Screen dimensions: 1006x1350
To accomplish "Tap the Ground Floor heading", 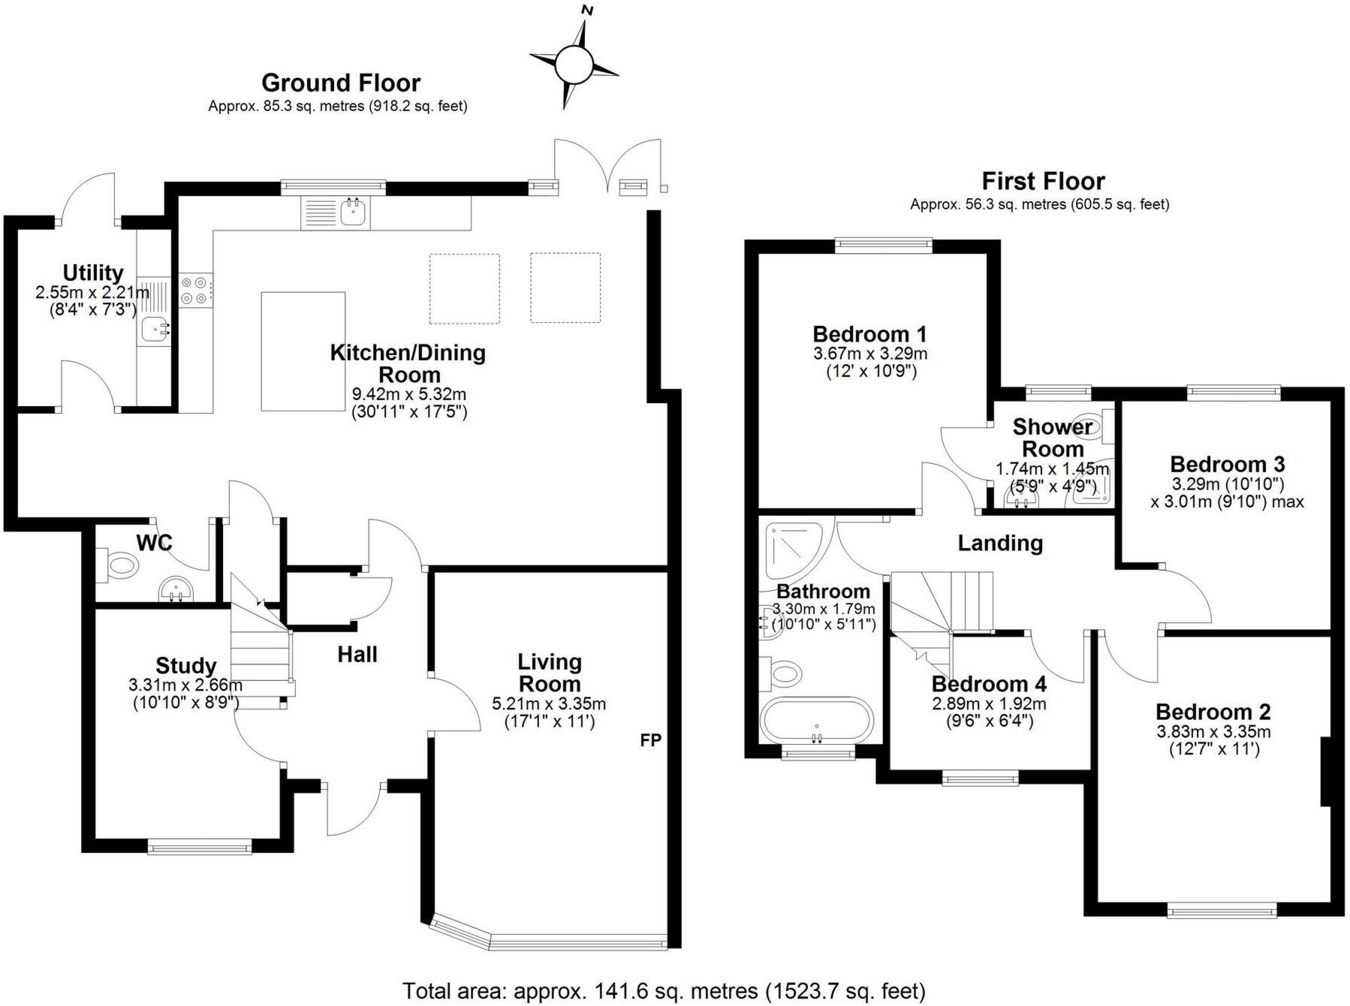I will pos(341,83).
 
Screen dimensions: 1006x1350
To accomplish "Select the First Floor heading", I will pos(1043,181).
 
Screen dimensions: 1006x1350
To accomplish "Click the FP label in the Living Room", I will pos(650,740).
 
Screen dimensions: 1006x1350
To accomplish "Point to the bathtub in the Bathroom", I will pos(816,721).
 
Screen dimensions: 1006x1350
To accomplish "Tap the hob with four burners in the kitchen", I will pos(195,290).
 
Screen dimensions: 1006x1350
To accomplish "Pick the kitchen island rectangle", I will pos(303,351).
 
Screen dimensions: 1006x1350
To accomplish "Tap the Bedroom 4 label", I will pos(988,684).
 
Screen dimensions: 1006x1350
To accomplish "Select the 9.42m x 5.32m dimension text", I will pos(409,393).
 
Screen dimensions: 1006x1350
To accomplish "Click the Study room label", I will pos(185,666).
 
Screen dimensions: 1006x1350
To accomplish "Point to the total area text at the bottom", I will pos(664,991).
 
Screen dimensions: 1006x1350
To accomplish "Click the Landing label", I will pos(1000,543).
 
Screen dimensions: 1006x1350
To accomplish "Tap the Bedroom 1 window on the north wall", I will pos(883,242).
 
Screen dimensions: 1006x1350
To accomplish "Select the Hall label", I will pos(357,655).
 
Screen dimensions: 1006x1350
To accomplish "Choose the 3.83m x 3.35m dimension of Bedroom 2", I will pos(1213,731).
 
